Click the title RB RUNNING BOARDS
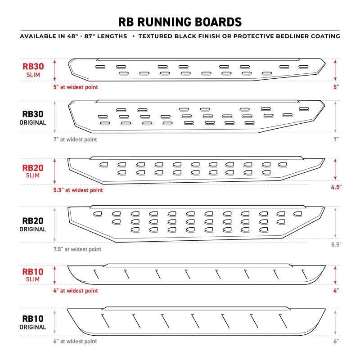point(180,22)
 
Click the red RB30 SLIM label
point(33,70)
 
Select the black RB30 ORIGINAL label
point(33,118)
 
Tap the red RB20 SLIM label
point(33,171)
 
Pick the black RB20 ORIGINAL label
point(33,224)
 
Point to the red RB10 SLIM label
point(33,275)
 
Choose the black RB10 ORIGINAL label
point(33,322)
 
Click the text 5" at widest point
point(76,87)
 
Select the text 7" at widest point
point(75,139)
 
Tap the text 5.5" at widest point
point(78,190)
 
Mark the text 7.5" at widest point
point(77,249)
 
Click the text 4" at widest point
point(76,291)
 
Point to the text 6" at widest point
point(75,342)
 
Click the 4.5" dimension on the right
point(336,187)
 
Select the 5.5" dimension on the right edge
point(336,244)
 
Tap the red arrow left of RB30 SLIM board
point(54,70)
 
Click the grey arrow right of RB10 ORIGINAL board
point(335,323)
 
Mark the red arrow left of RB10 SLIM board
point(54,275)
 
